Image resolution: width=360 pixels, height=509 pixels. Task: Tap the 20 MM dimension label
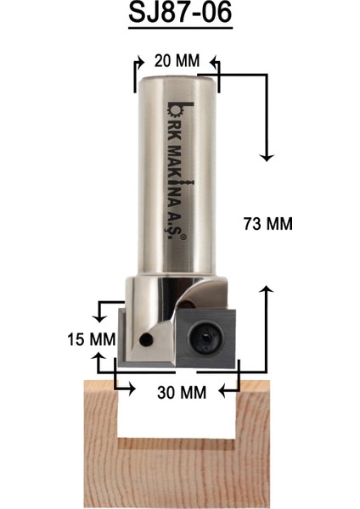[x=176, y=61]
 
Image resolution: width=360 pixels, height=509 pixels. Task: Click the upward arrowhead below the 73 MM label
[x=267, y=291]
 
